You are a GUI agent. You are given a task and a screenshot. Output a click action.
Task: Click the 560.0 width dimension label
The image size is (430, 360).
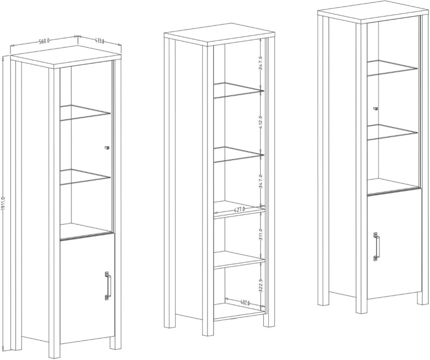[44, 41]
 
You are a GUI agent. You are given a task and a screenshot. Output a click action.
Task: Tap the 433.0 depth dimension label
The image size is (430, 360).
[99, 41]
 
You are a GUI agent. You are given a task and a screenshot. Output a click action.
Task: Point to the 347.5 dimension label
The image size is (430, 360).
[261, 63]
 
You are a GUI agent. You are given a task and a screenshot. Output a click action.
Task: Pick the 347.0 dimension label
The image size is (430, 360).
[261, 181]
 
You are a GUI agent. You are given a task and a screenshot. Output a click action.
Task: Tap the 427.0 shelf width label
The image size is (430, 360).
[239, 210]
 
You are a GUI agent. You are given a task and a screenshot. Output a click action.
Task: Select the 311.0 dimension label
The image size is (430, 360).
[261, 234]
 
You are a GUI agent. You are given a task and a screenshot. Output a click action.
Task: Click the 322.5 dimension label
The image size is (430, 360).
[261, 286]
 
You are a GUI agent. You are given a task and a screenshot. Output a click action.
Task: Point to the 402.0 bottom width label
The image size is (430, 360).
[245, 303]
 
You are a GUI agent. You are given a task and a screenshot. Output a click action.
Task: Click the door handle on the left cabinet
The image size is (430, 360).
[108, 285]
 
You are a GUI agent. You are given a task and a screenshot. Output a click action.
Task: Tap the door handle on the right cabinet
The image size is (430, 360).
[376, 247]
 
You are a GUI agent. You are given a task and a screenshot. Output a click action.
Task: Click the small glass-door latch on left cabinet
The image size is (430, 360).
[107, 148]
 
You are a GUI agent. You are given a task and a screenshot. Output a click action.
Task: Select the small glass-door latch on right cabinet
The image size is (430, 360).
[376, 109]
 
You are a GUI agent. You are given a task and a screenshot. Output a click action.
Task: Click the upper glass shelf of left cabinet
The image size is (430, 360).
[85, 112]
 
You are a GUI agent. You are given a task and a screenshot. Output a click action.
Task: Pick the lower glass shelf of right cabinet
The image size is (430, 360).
[392, 132]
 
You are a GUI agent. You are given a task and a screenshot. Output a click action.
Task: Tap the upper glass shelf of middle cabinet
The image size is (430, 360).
[239, 90]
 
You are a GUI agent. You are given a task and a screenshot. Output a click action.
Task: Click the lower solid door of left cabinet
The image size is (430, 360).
[87, 288]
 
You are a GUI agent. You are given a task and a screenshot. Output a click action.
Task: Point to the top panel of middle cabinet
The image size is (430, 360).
[219, 34]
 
